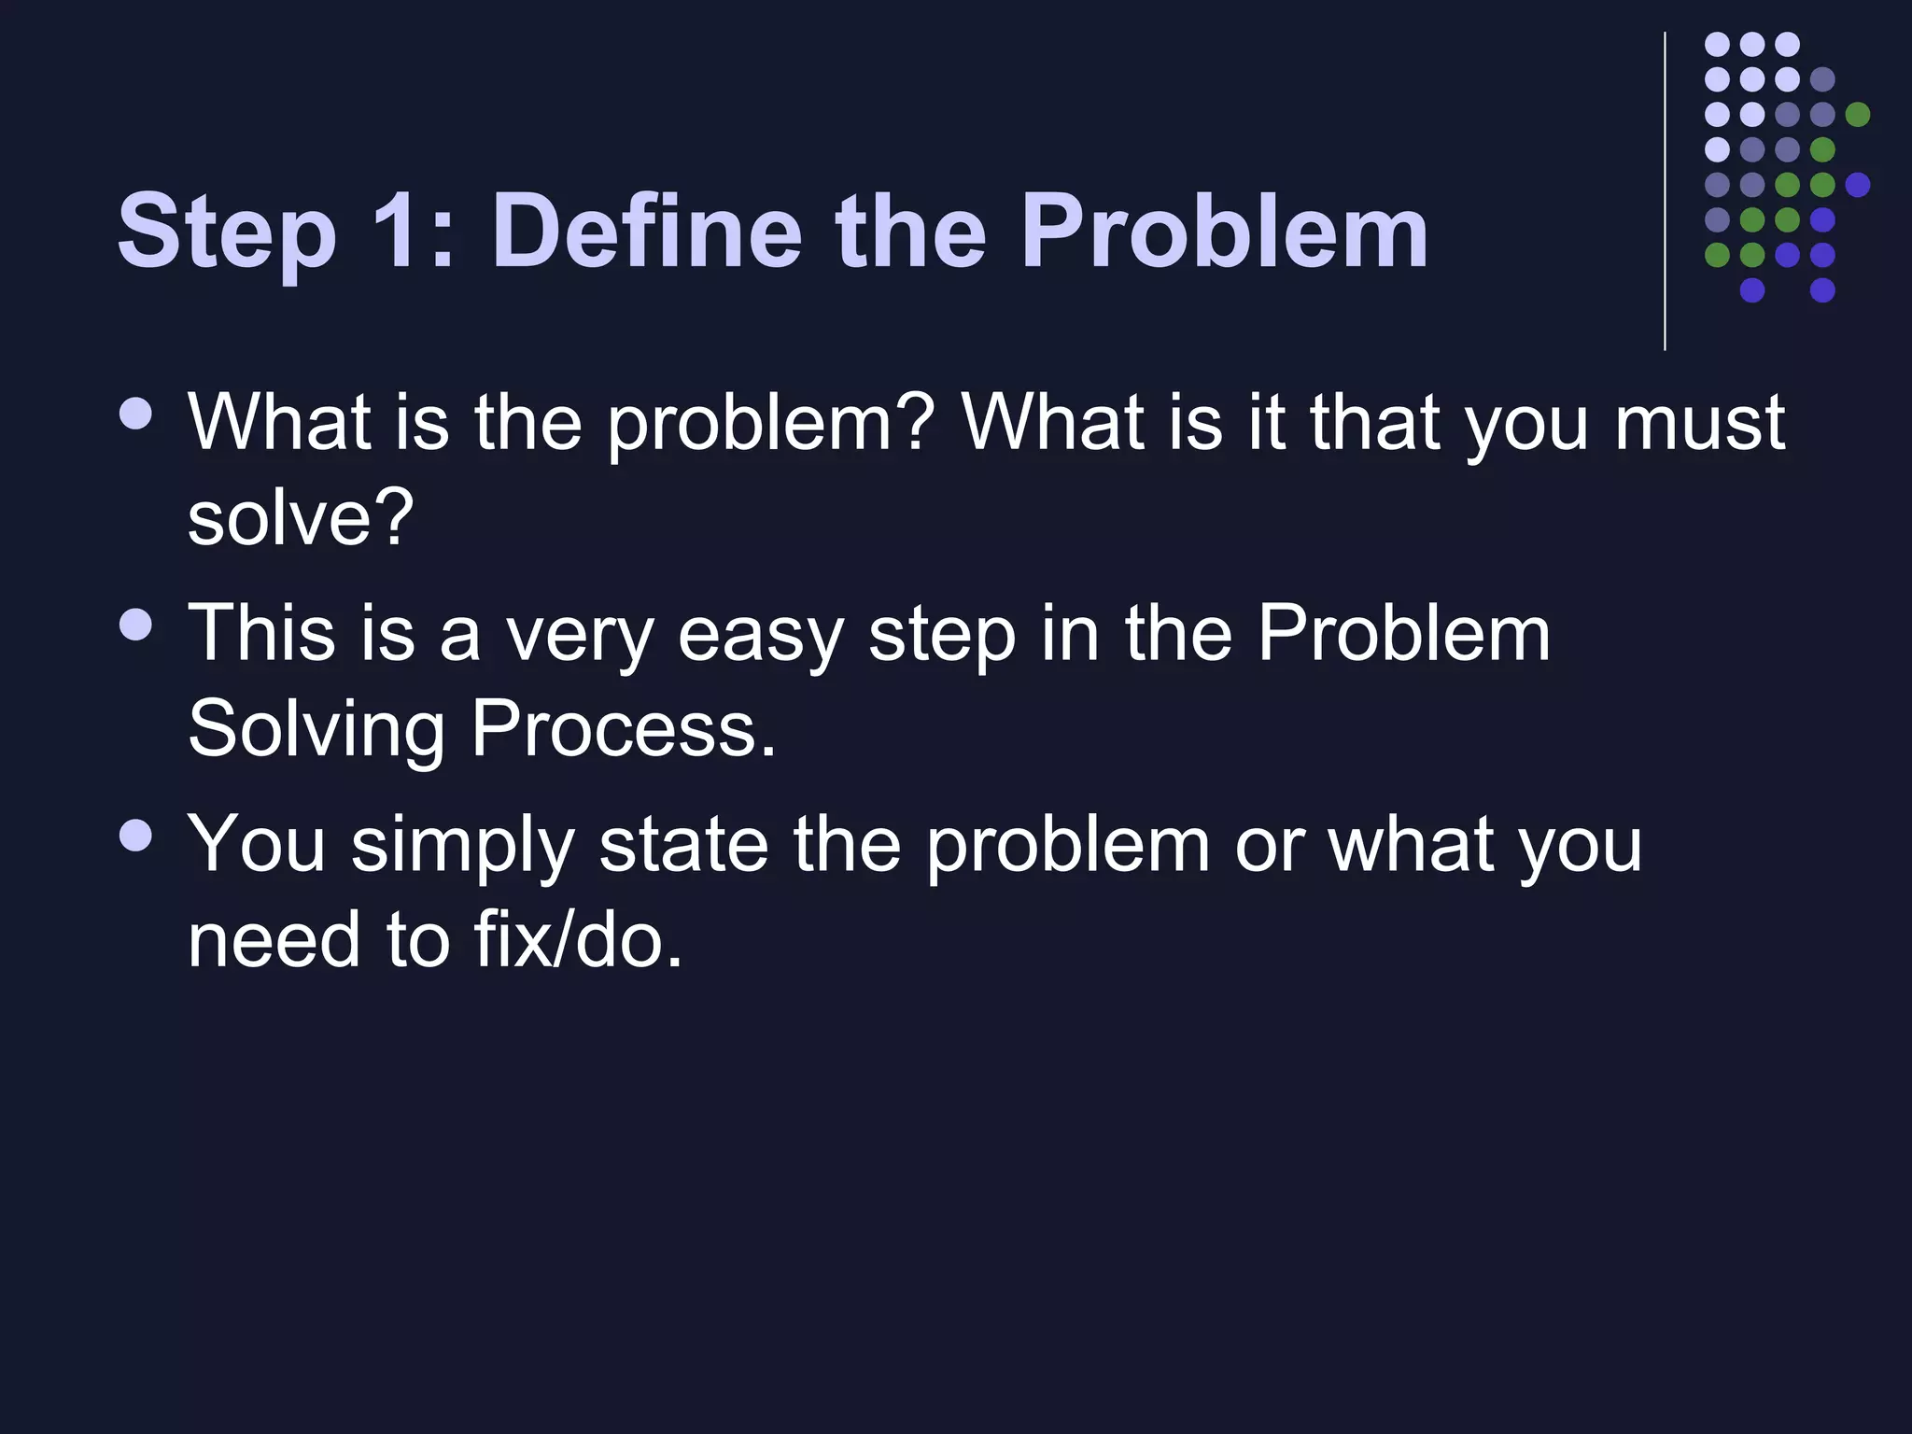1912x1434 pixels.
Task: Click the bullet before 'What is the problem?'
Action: [136, 415]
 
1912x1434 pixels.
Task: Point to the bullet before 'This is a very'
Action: [136, 625]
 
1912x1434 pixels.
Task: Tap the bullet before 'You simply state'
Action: [136, 836]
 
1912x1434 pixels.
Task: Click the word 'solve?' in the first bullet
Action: [300, 519]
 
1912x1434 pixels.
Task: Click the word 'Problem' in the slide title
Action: [1224, 230]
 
